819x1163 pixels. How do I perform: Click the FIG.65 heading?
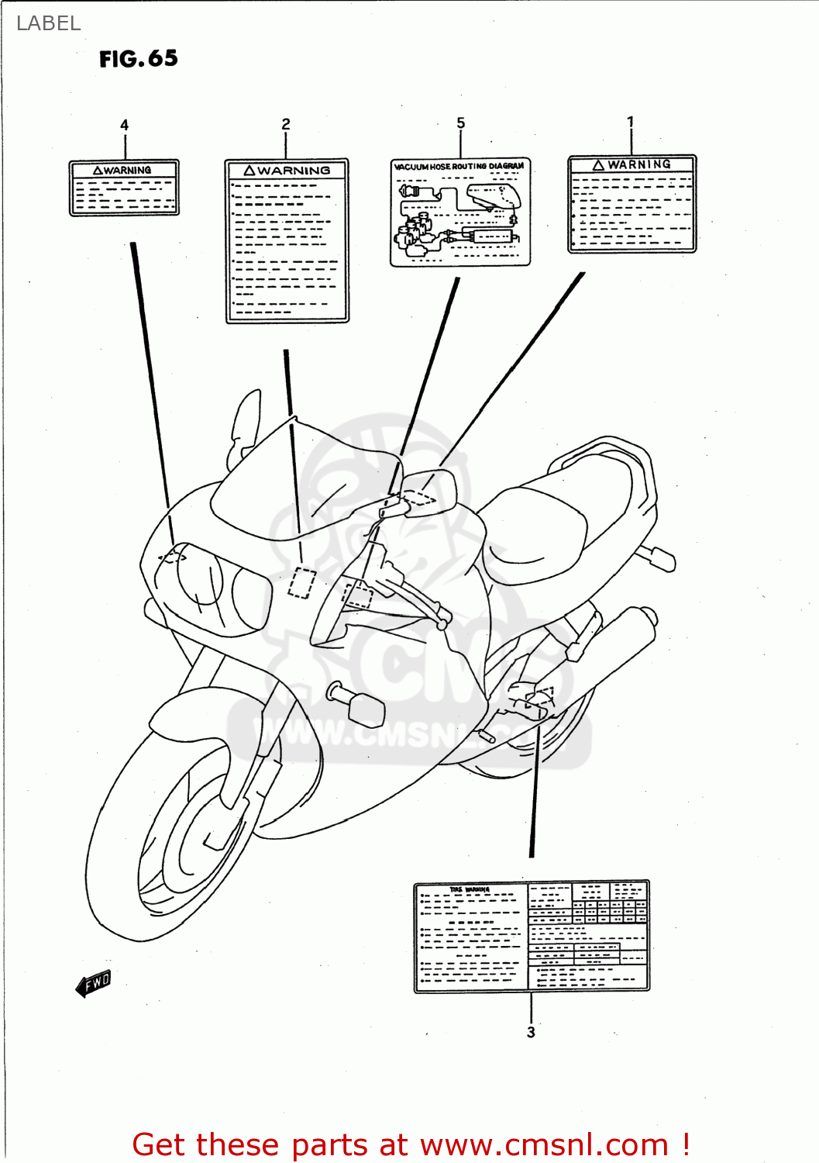(138, 59)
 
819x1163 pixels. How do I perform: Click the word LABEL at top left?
(48, 23)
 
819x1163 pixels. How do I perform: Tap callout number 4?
(124, 125)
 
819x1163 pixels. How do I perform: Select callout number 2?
(286, 124)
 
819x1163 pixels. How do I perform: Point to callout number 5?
(461, 123)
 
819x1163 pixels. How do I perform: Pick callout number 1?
(631, 122)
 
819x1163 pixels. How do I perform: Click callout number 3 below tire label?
(531, 1032)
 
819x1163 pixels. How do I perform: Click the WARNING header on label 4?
(124, 170)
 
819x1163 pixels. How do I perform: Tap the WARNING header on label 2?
(287, 170)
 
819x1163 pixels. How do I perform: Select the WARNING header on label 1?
(632, 164)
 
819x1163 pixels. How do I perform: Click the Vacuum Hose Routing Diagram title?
(459, 166)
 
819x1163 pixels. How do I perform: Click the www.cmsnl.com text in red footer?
(545, 1144)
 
